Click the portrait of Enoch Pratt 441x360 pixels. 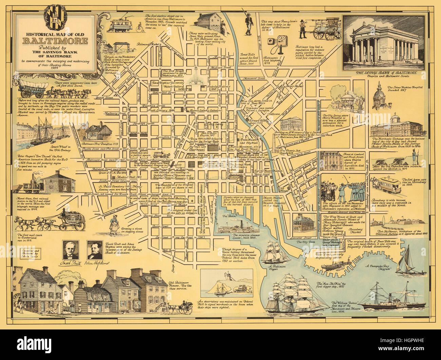point(71,250)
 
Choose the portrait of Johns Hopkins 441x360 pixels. point(95,250)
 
